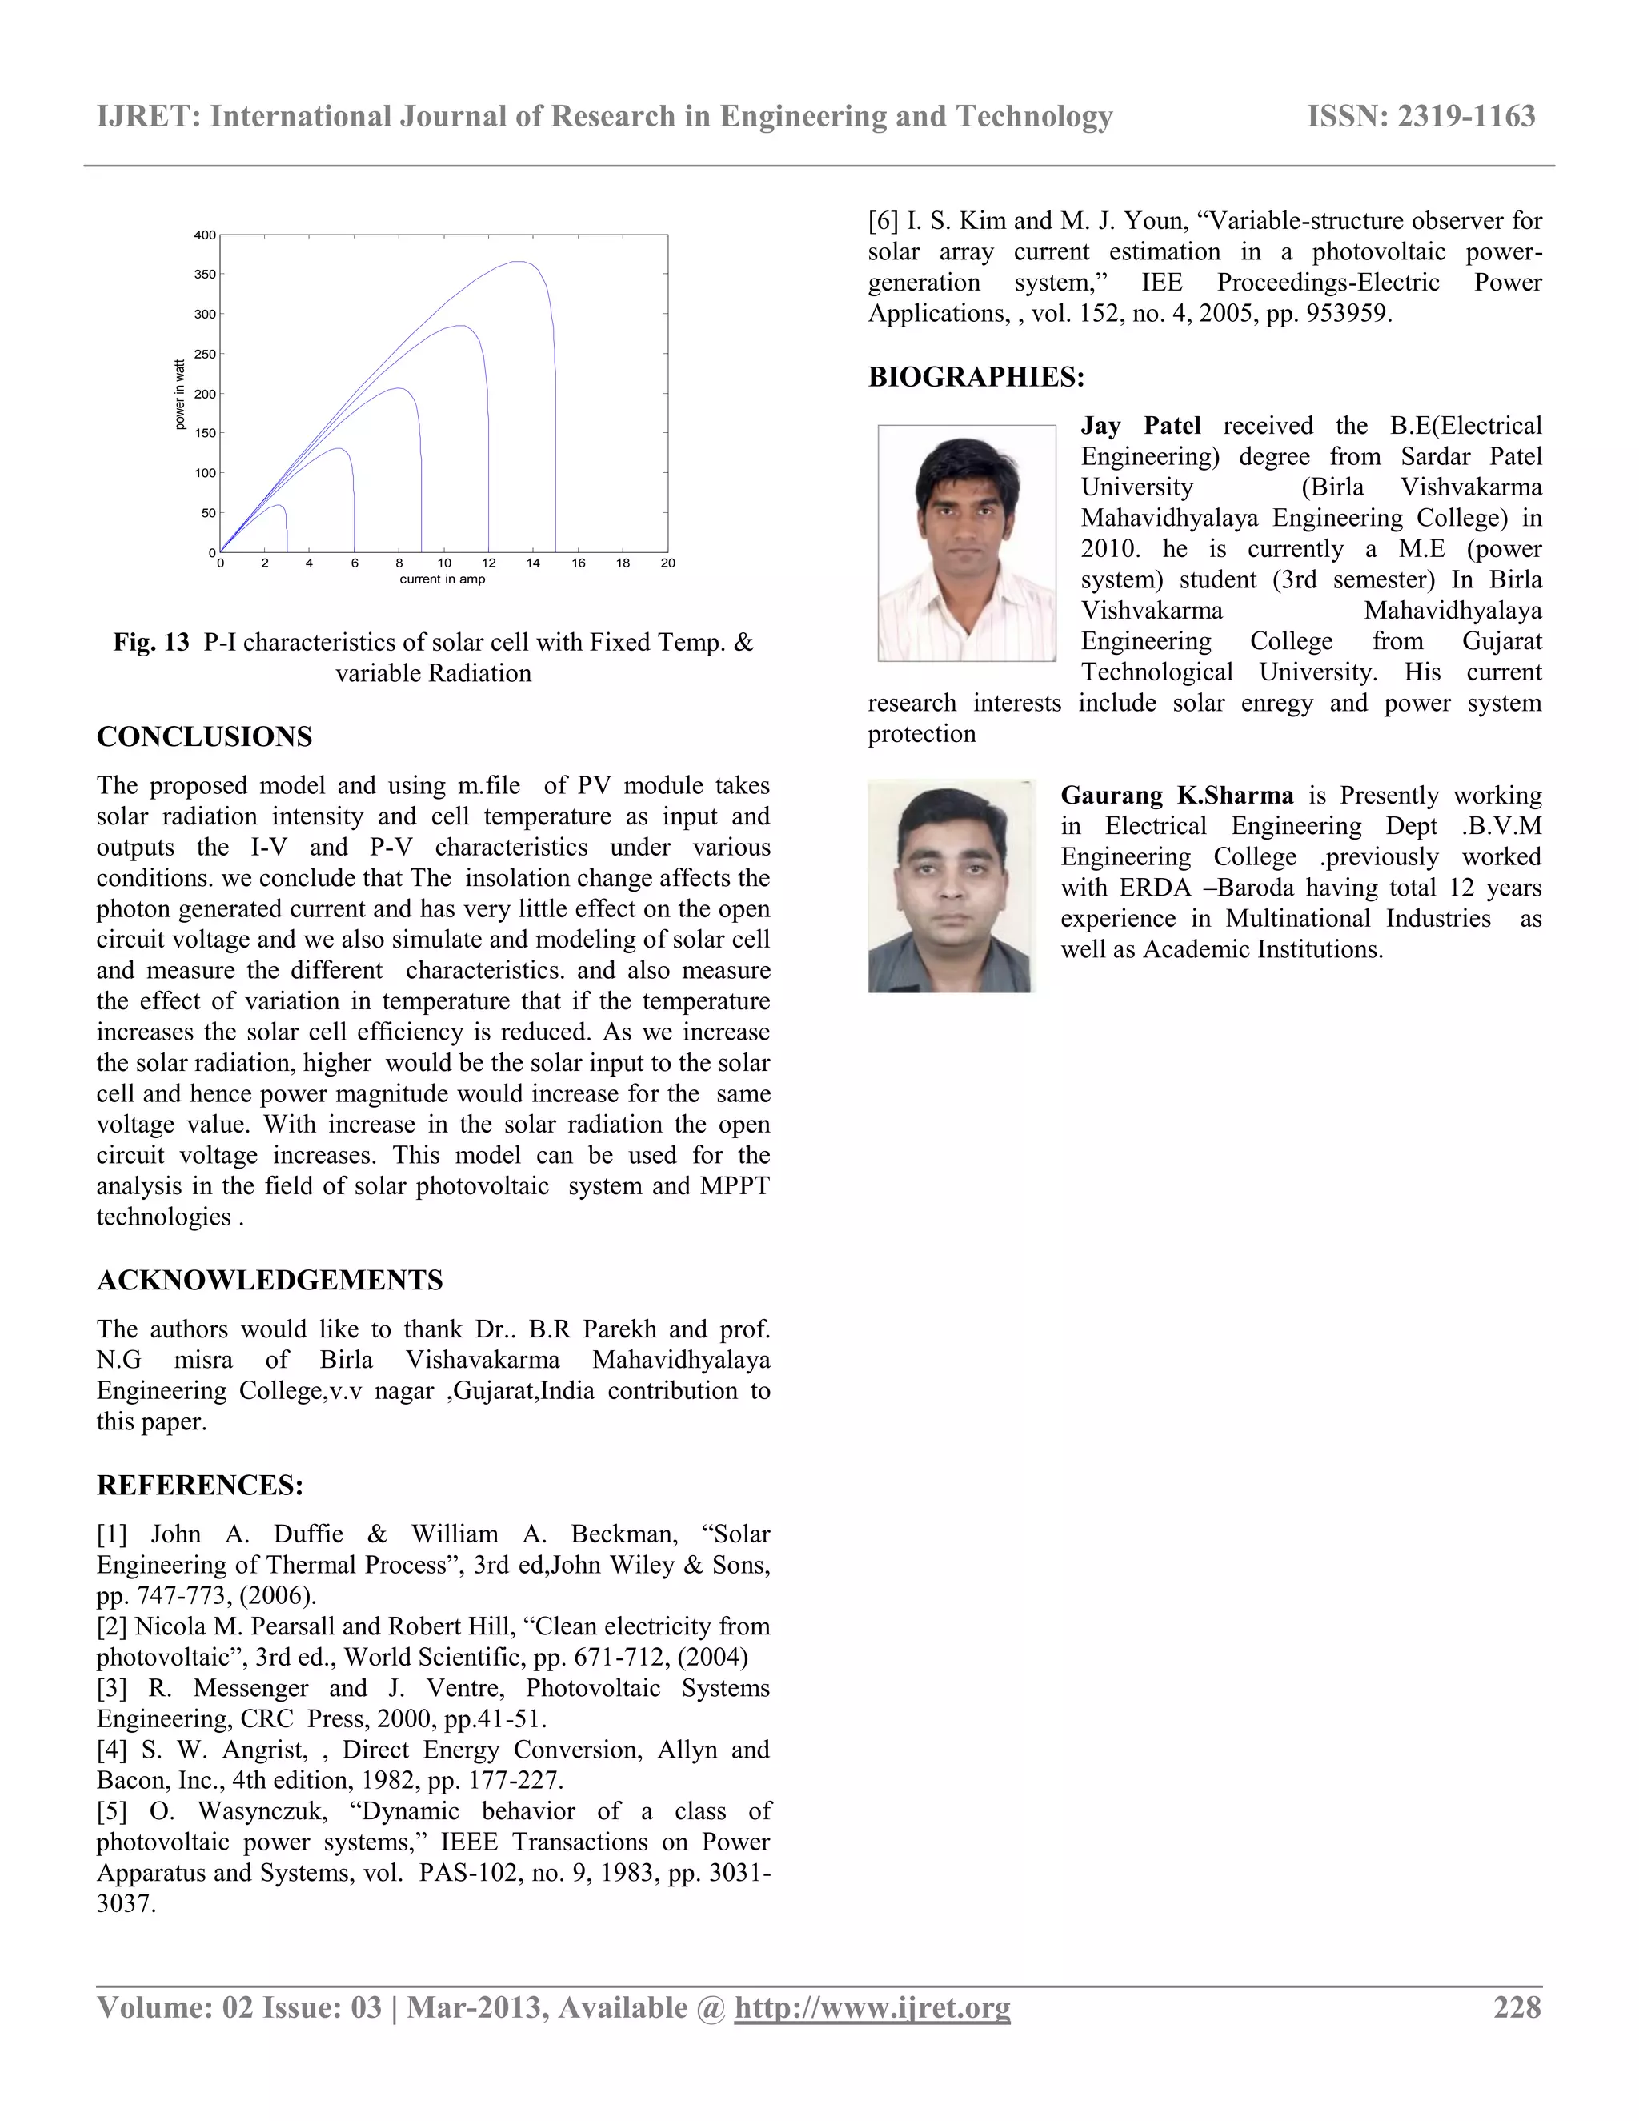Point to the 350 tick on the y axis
click(205, 275)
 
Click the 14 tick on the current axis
click(533, 563)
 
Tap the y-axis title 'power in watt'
click(179, 395)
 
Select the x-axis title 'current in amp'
click(442, 579)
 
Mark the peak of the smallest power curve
click(279, 506)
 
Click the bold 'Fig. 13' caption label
click(151, 642)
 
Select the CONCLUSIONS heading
click(204, 736)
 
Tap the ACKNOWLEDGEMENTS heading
click(269, 1280)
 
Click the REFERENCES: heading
click(200, 1485)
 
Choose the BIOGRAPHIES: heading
click(976, 377)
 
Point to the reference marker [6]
click(883, 220)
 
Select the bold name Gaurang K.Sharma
click(1176, 796)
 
